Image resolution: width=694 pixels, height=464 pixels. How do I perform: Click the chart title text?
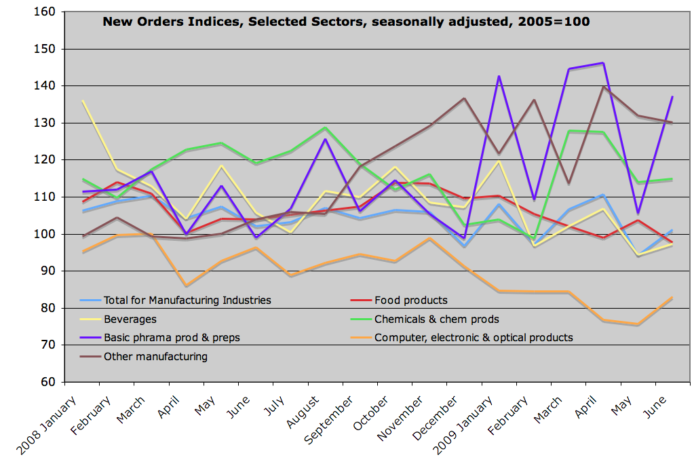(x=346, y=22)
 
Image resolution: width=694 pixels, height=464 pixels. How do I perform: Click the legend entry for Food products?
(x=410, y=301)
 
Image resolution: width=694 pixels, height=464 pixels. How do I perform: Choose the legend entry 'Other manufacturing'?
(x=155, y=356)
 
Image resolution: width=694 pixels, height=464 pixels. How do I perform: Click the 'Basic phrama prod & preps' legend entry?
(x=172, y=337)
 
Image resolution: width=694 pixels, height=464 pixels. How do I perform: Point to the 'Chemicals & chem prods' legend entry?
(x=436, y=319)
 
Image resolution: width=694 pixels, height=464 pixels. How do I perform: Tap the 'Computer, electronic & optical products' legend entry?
(x=474, y=337)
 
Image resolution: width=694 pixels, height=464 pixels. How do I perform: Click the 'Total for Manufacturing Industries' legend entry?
(x=187, y=301)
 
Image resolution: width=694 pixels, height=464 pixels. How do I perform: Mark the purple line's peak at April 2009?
(x=603, y=63)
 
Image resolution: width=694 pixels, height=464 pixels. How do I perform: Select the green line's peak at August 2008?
(x=325, y=128)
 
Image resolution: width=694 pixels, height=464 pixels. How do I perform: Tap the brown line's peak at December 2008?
(x=464, y=98)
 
